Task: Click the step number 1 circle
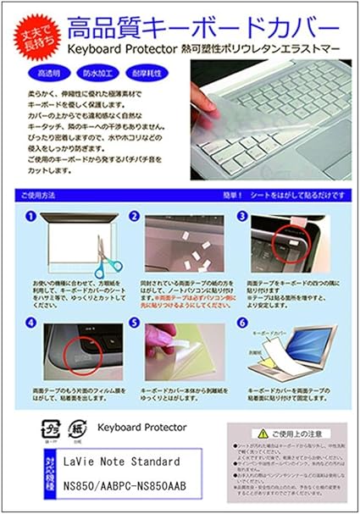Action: pyautogui.click(x=30, y=216)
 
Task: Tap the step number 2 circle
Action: pyautogui.click(x=134, y=216)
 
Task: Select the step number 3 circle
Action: pyautogui.click(x=242, y=216)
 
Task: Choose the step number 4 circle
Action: pyautogui.click(x=30, y=323)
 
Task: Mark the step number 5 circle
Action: pyautogui.click(x=134, y=323)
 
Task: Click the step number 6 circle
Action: pyautogui.click(x=242, y=323)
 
